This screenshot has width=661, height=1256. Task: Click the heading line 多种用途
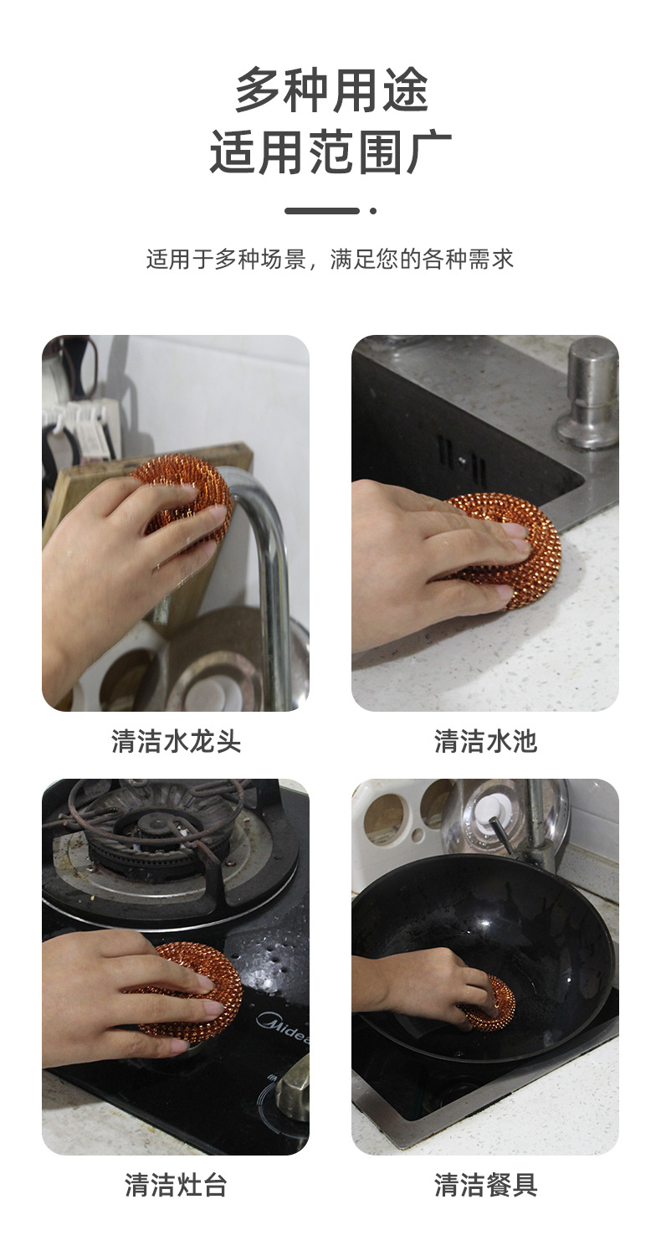330,90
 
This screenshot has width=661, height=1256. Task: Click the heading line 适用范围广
330,152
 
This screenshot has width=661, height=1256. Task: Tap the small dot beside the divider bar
373,211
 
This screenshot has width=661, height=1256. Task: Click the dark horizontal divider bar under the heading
321,211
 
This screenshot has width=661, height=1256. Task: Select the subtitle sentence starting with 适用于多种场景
330,259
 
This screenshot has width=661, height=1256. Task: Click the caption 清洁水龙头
176,741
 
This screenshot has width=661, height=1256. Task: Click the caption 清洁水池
485,741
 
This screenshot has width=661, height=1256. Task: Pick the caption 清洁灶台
176,1185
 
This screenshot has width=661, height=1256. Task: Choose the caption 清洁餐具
485,1185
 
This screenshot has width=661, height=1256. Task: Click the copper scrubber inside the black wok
494,1001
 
